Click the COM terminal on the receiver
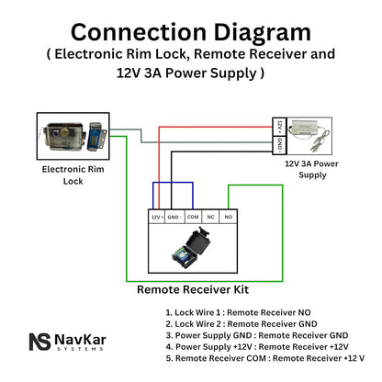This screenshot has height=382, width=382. pyautogui.click(x=193, y=217)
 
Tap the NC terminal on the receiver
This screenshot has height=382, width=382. pyautogui.click(x=210, y=217)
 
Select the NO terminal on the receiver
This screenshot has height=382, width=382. pyautogui.click(x=229, y=217)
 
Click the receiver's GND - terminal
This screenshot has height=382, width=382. pyautogui.click(x=174, y=217)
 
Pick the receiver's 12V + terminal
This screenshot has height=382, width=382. pyautogui.click(x=157, y=217)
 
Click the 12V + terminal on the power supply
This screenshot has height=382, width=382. pyautogui.click(x=279, y=127)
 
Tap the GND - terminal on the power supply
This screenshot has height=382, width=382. pyautogui.click(x=279, y=145)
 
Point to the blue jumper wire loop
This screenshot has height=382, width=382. pyautogui.click(x=173, y=183)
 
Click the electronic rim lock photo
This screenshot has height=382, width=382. pyautogui.click(x=73, y=136)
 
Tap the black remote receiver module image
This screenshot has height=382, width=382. pyautogui.click(x=192, y=248)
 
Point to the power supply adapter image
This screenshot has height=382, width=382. pyautogui.click(x=309, y=136)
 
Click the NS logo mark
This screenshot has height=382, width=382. pyautogui.click(x=40, y=342)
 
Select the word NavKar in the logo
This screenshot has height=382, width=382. pyautogui.click(x=81, y=340)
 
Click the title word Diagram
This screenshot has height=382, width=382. pyautogui.click(x=262, y=33)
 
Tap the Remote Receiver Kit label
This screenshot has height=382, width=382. pyautogui.click(x=193, y=289)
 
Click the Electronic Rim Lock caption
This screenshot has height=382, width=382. pyautogui.click(x=73, y=175)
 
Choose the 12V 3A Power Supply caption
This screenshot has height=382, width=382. pyautogui.click(x=311, y=169)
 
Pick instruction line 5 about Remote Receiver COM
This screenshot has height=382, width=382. pyautogui.click(x=265, y=358)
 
